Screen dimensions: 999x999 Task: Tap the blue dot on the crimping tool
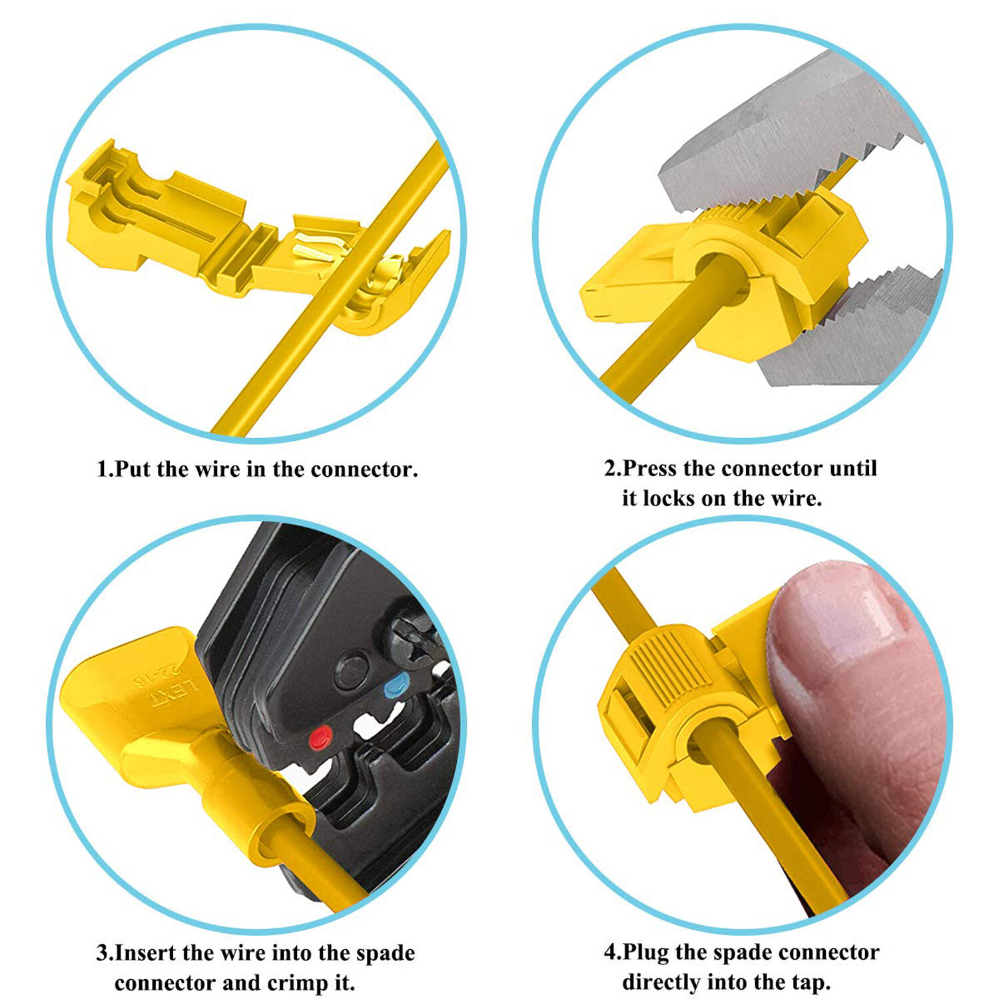point(397,685)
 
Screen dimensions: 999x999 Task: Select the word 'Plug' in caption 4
point(645,952)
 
